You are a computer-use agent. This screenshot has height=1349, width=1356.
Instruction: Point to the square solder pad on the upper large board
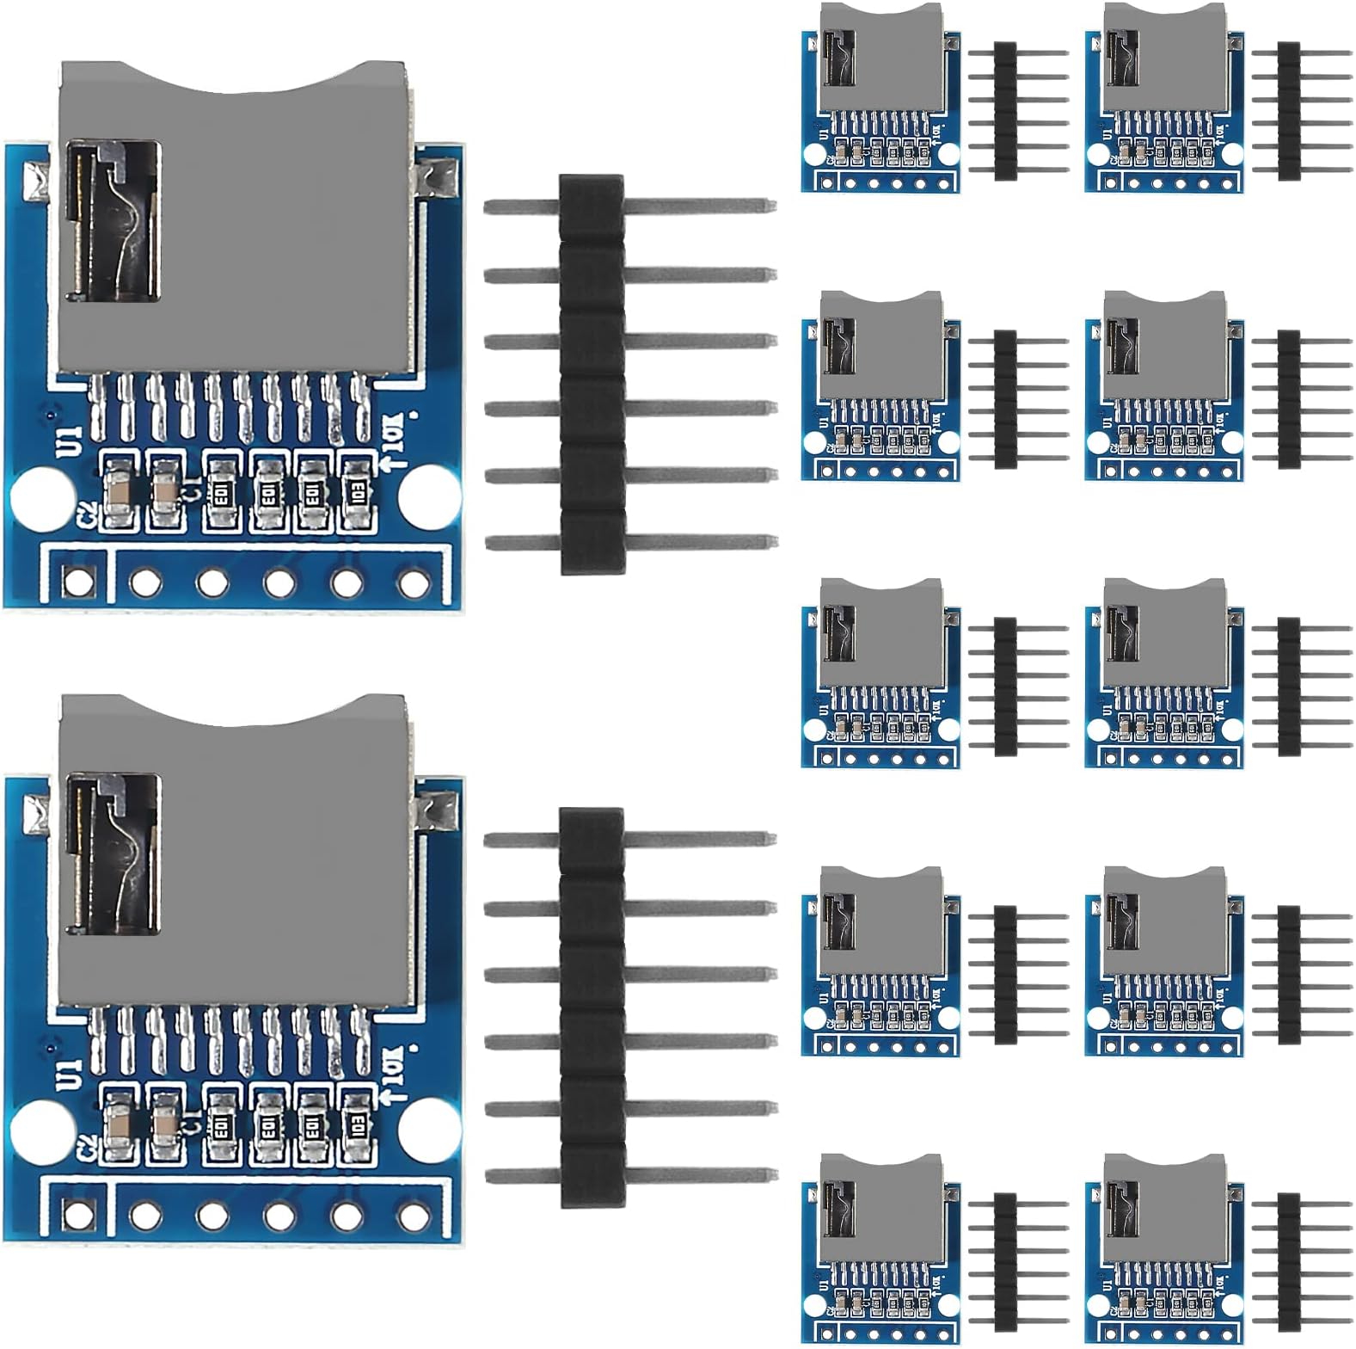click(x=79, y=582)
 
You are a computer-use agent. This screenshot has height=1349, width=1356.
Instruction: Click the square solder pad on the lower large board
click(x=79, y=1215)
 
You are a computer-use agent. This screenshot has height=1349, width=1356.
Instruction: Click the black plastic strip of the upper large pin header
click(x=592, y=374)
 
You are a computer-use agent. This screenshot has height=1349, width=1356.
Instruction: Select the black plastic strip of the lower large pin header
click(x=592, y=1007)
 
